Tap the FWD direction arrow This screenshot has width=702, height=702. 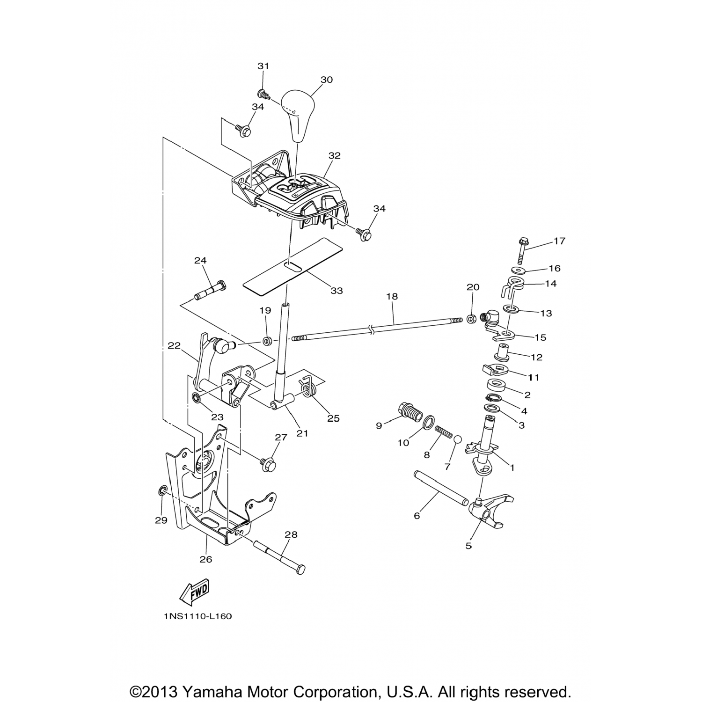194,592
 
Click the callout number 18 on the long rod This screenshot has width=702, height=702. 392,296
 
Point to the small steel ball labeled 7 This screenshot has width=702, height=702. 458,439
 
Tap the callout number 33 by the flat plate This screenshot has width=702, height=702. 336,291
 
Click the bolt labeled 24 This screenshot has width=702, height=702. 210,291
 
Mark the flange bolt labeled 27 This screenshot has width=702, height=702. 268,464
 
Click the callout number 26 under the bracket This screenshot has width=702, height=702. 206,559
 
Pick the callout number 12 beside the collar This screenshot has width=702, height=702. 536,357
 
